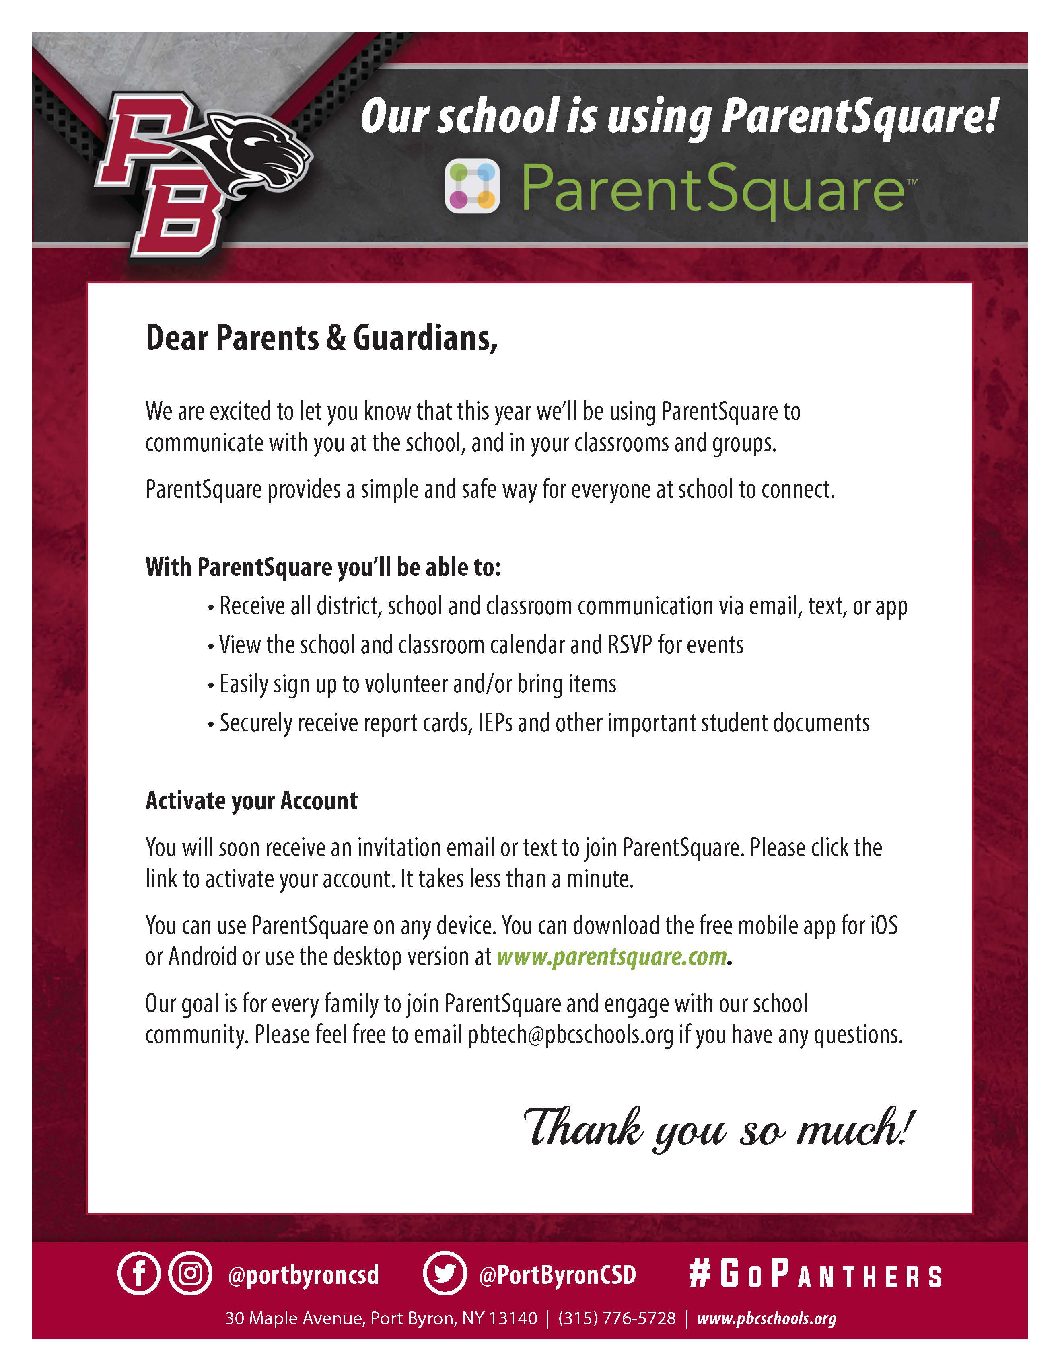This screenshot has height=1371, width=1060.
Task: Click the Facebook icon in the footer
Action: coord(139,1275)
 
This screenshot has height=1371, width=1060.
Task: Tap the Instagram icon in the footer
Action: coord(189,1275)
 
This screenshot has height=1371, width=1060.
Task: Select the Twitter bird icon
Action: coord(445,1275)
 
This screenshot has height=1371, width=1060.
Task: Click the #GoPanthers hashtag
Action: coord(815,1275)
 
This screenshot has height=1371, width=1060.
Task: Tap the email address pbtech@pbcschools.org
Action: coord(570,1034)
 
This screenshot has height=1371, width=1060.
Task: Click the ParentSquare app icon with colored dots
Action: coord(472,187)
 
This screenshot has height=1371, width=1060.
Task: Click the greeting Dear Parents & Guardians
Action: coord(321,339)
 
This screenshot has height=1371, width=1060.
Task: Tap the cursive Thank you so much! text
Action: coord(719,1128)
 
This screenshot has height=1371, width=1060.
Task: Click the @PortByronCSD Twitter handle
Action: coord(558,1275)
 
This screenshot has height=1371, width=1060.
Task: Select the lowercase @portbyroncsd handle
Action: coord(303,1275)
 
